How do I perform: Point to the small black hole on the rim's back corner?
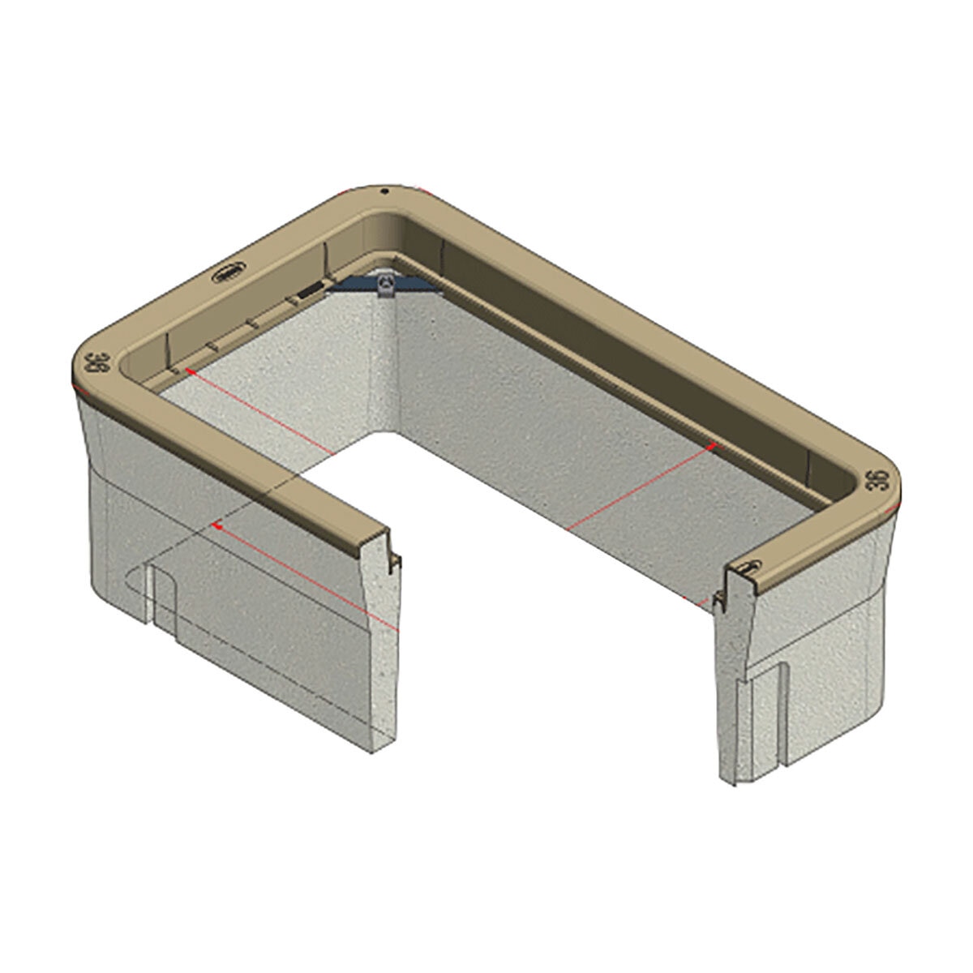pos(387,192)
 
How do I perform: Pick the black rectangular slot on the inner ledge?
pos(308,290)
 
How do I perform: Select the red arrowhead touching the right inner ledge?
pos(712,444)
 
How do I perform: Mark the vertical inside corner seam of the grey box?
pos(397,365)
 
